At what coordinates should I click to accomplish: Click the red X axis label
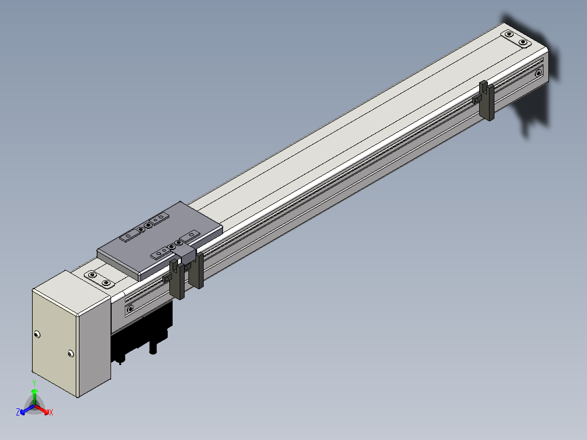click(51, 412)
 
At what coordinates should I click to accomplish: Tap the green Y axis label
click(34, 383)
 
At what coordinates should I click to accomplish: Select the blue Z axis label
click(17, 412)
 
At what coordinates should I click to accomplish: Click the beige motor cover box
click(71, 333)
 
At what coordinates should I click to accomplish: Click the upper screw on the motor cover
click(36, 334)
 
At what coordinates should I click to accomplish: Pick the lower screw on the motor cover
click(71, 353)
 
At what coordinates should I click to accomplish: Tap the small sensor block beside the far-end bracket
click(476, 100)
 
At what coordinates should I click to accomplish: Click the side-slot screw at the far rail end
click(538, 74)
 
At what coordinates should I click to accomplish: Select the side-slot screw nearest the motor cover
click(130, 309)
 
